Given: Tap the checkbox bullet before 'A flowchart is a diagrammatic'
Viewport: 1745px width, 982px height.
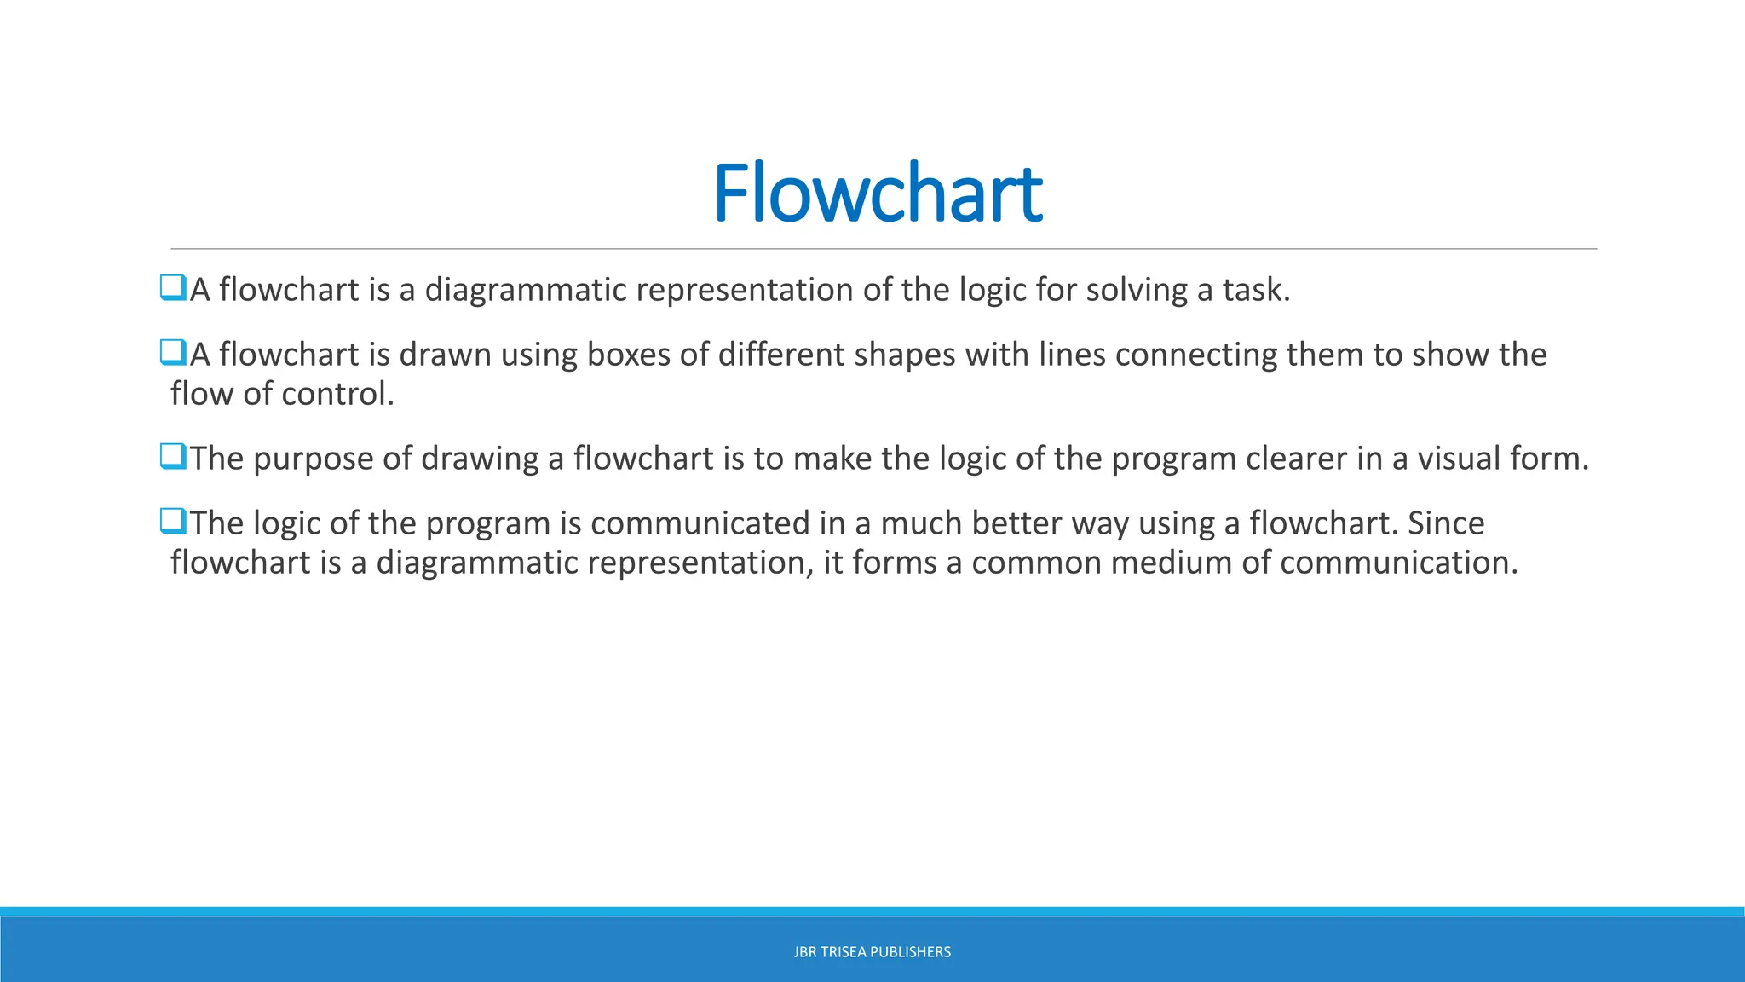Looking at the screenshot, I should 173,287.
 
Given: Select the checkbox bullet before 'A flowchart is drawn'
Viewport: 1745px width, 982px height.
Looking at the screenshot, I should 173,352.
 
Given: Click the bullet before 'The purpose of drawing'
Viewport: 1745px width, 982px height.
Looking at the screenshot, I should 173,456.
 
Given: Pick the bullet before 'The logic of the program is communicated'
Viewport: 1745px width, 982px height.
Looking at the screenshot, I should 173,521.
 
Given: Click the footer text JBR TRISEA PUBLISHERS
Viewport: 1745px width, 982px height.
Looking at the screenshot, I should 872,952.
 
